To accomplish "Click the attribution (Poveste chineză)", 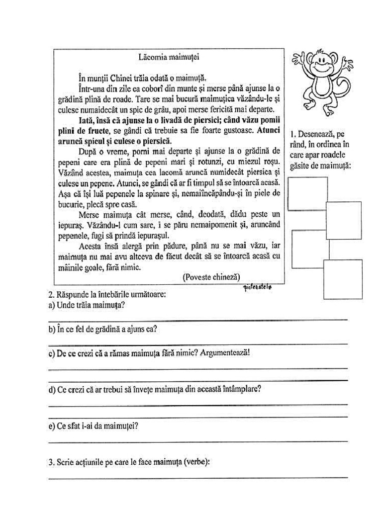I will tap(211, 277).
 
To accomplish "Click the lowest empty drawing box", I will tap(342, 279).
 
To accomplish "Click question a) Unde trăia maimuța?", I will tap(87, 305).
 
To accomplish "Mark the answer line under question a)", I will tap(198, 320).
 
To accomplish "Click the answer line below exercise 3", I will tap(198, 478).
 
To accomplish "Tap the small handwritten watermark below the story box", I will tap(258, 287).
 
